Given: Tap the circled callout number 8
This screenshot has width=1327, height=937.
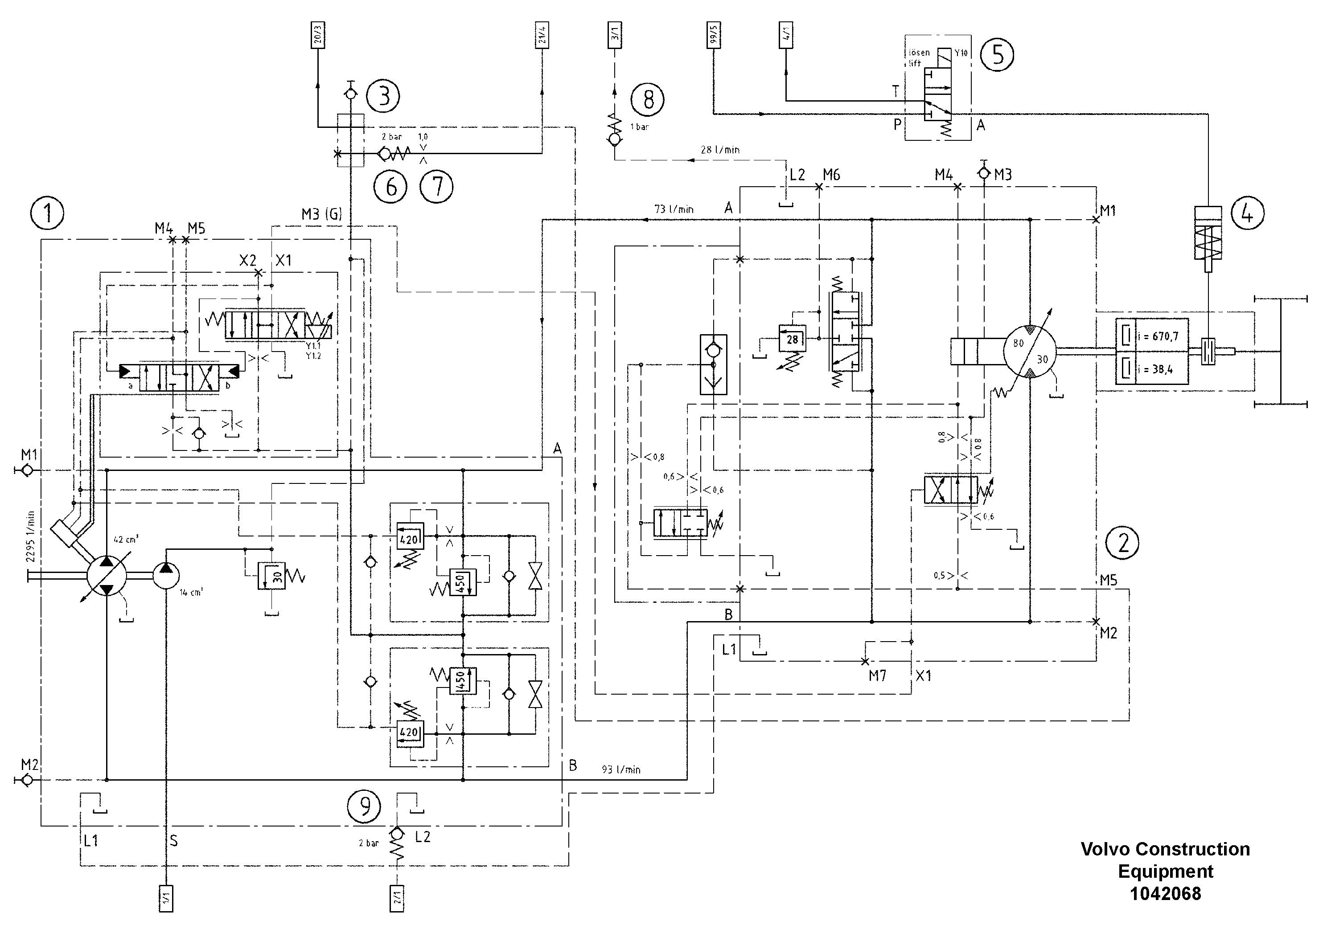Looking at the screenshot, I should [x=647, y=99].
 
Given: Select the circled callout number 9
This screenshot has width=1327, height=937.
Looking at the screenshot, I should [x=364, y=806].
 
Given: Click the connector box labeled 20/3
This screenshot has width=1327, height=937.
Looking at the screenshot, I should [x=317, y=36].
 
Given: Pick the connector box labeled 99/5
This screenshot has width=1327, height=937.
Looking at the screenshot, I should [x=714, y=36].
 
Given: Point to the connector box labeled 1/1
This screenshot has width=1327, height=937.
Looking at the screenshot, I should [x=166, y=898].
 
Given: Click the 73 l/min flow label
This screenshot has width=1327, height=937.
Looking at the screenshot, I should [x=674, y=209].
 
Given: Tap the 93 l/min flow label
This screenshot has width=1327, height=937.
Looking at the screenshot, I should [x=621, y=769].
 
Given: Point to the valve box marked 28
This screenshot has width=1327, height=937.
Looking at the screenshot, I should [x=792, y=339].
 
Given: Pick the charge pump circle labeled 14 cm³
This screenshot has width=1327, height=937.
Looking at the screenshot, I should [x=166, y=576].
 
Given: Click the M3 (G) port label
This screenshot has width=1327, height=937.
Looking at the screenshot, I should [x=321, y=214].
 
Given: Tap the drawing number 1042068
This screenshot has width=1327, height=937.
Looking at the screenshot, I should [x=1165, y=894].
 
